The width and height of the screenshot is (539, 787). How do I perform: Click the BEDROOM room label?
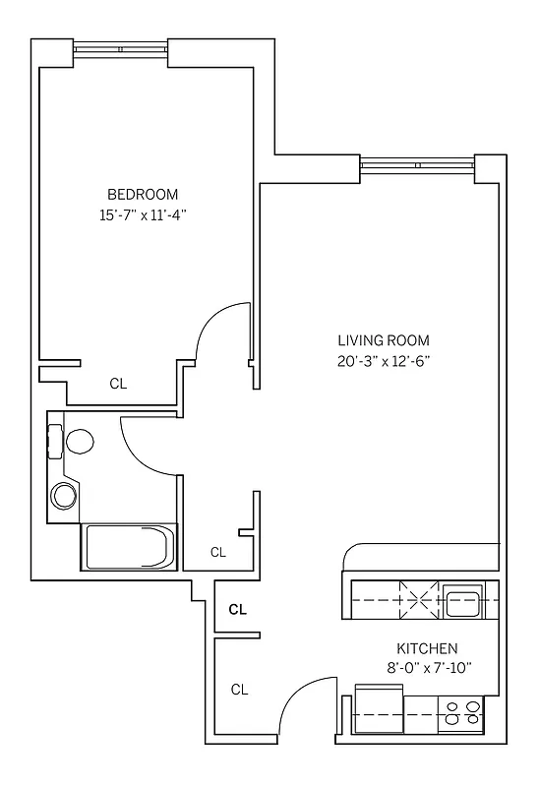pos(143,194)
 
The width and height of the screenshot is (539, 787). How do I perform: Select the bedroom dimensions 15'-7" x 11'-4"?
pos(143,214)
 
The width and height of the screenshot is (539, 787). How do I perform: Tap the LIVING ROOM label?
pos(383,340)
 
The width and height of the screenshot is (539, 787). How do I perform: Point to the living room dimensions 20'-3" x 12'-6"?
pos(383,361)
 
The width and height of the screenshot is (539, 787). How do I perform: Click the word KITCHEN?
pos(427,648)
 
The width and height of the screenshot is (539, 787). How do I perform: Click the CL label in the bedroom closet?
pos(118,384)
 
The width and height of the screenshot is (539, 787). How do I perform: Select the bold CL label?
pos(237,610)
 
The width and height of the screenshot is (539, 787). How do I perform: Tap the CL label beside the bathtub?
pos(218,552)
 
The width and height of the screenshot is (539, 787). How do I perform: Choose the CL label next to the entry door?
pos(239,690)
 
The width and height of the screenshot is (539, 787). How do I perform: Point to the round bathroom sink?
pos(65,495)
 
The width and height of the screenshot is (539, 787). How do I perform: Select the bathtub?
pos(129,546)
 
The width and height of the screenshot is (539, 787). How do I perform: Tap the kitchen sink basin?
pos(461,600)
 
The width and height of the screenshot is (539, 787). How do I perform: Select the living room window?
pos(417,163)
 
